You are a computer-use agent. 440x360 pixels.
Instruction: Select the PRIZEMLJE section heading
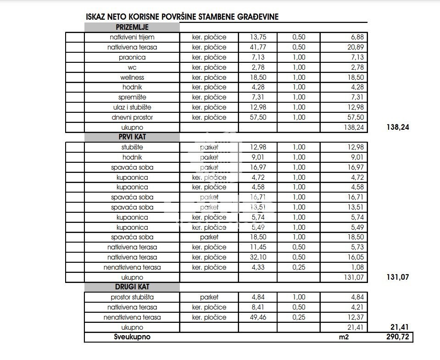click(x=132, y=27)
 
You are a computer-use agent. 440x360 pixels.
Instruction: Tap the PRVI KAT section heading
click(x=132, y=137)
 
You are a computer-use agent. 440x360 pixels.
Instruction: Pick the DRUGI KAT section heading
click(x=132, y=287)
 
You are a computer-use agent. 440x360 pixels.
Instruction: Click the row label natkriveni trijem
click(x=132, y=37)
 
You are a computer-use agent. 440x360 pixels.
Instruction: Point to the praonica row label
click(x=132, y=57)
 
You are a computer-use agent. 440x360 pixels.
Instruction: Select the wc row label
click(x=132, y=67)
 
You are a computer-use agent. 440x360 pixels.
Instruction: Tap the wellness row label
click(x=132, y=78)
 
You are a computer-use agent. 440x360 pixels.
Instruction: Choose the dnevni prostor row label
click(x=132, y=117)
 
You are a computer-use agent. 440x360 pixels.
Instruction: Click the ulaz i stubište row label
click(x=132, y=107)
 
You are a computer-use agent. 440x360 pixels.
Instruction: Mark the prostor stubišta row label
click(x=132, y=297)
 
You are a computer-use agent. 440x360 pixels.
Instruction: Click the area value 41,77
click(x=258, y=47)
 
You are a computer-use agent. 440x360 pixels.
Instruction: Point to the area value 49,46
click(x=258, y=317)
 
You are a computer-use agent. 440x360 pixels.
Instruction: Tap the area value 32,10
click(x=258, y=257)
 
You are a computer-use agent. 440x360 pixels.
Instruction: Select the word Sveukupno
click(x=132, y=337)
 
